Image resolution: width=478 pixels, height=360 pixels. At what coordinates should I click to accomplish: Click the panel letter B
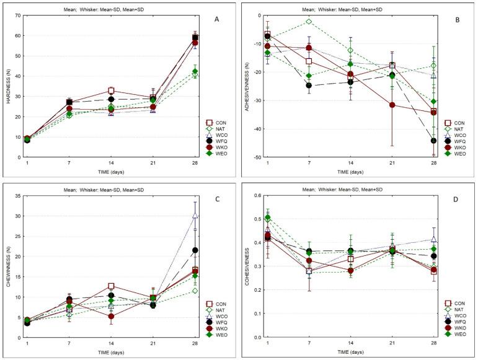[x=456, y=19]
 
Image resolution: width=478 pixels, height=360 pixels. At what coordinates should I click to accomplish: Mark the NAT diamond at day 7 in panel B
[x=308, y=22]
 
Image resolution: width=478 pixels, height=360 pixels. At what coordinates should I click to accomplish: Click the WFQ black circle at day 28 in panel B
[x=433, y=141]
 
